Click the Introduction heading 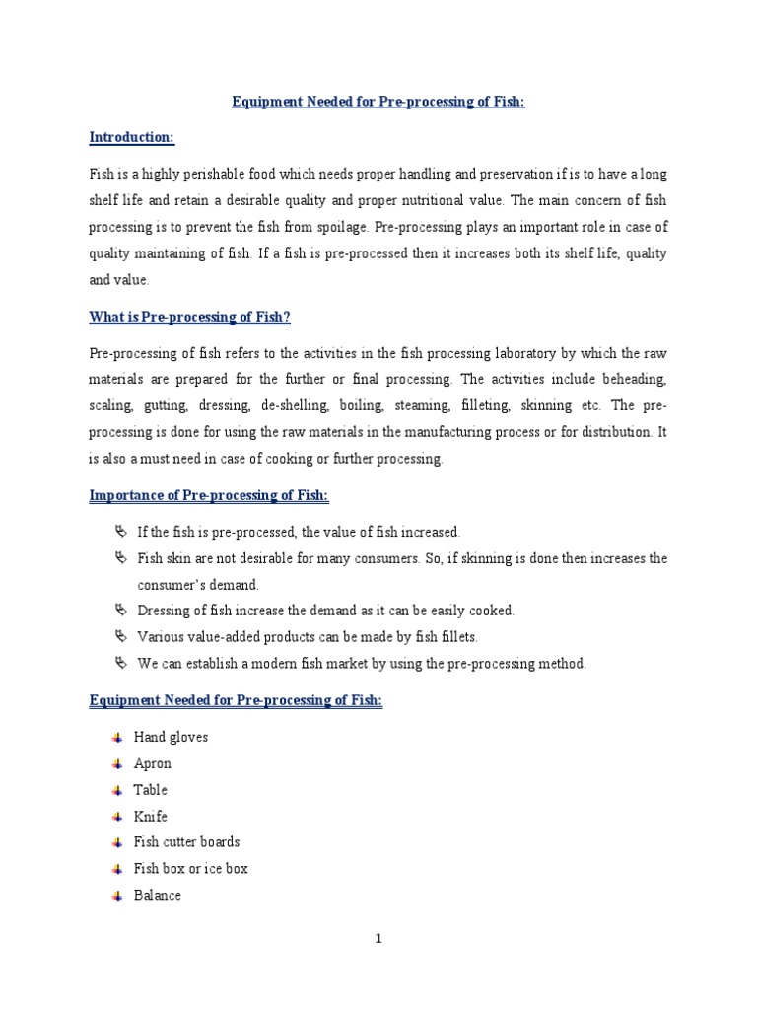click(x=131, y=137)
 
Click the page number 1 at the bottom click(x=378, y=939)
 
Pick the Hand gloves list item click(x=171, y=737)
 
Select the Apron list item click(x=153, y=763)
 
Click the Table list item click(x=151, y=790)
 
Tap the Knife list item click(x=151, y=817)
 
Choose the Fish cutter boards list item click(x=186, y=842)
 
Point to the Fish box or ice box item click(x=190, y=869)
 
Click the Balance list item click(x=158, y=896)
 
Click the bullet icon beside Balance click(x=118, y=896)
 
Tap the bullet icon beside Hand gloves click(x=118, y=737)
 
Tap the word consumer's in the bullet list click(x=175, y=585)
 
